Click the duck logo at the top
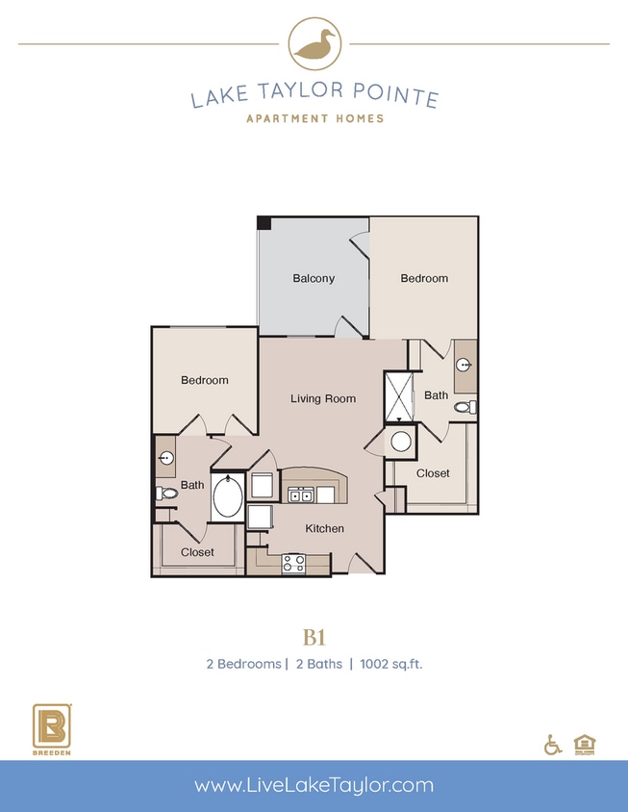point(314,43)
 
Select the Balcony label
point(314,279)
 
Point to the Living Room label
point(323,398)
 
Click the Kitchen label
point(324,528)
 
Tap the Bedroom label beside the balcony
point(424,278)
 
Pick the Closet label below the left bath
point(197,552)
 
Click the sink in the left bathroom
point(165,458)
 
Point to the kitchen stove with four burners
point(293,564)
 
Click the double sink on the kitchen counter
point(301,495)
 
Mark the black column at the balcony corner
point(264,222)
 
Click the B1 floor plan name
point(314,636)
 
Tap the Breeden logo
point(48,729)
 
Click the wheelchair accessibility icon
point(553,744)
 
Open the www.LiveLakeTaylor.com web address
point(314,785)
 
